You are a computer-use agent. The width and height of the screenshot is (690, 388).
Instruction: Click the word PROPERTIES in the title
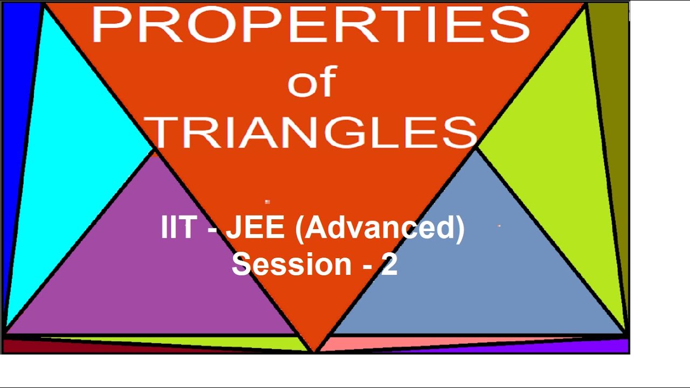coord(311,25)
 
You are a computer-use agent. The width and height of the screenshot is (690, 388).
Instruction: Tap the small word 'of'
coord(312,83)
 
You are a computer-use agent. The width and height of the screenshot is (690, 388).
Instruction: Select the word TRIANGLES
coord(312,132)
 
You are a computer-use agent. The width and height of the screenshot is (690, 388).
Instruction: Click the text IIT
coord(177,227)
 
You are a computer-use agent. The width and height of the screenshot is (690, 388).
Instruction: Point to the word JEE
coord(254,227)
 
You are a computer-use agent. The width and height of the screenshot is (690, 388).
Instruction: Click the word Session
coord(292,264)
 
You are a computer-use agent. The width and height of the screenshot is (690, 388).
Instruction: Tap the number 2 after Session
coord(389,264)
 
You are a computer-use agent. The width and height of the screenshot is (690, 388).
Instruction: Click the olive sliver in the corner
coord(612,81)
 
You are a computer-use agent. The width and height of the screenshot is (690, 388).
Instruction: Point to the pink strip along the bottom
coord(431,343)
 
